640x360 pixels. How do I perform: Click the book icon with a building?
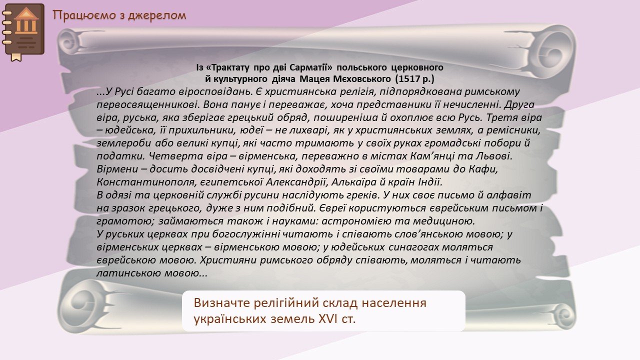pos(23,31)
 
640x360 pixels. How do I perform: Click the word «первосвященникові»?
pos(148,105)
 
